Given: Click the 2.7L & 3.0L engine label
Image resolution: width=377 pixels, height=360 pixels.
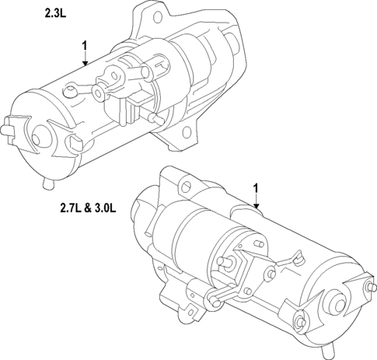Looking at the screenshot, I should (x=87, y=208).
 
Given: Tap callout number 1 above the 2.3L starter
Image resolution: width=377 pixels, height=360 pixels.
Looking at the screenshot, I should (x=84, y=47).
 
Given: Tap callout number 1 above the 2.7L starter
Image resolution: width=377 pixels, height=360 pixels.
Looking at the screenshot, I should (x=255, y=188).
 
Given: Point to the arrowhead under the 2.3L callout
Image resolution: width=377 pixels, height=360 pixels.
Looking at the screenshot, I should (x=84, y=64).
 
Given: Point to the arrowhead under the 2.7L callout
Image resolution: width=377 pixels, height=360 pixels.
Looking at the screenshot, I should (x=255, y=205).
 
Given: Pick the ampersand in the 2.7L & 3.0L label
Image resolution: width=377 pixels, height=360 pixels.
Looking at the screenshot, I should (x=87, y=208).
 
